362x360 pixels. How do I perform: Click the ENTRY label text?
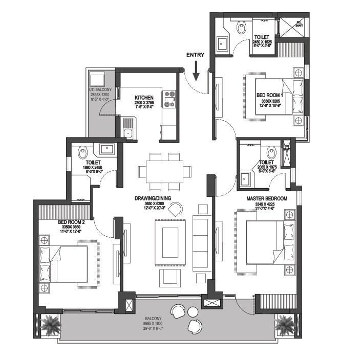click(x=195, y=55)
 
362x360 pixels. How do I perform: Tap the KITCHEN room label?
click(x=144, y=97)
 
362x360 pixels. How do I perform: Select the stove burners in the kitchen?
click(x=169, y=99)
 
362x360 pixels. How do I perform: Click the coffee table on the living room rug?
click(x=170, y=239)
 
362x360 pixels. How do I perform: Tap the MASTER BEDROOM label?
click(x=266, y=198)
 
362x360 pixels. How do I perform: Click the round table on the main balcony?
click(x=193, y=311)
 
